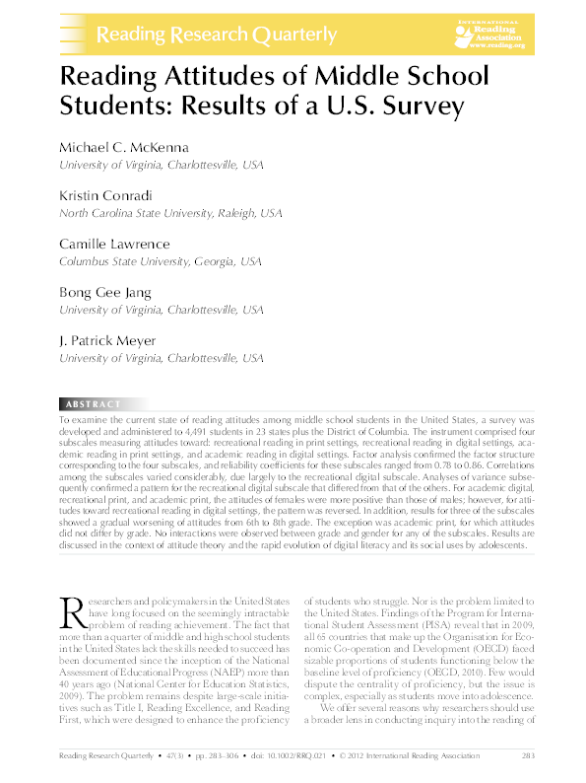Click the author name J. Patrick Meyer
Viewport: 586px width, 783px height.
(108, 341)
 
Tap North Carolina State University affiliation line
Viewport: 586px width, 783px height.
(171, 212)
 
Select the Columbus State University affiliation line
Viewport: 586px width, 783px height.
(161, 260)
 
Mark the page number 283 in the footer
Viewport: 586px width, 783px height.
(527, 756)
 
